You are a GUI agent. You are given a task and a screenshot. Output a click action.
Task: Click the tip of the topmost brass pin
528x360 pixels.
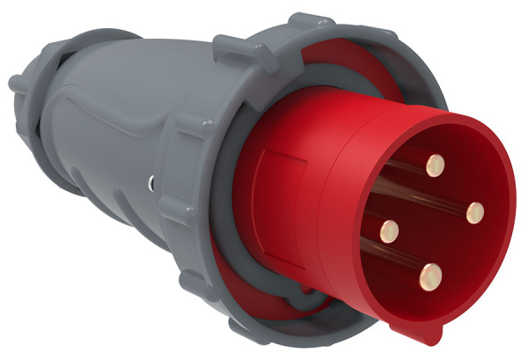[433, 163]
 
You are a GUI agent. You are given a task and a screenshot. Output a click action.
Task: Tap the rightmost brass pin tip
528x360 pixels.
[475, 211]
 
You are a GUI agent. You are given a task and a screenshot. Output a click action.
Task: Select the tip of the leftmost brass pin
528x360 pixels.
[388, 231]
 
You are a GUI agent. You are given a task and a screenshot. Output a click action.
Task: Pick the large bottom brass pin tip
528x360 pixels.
[432, 273]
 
